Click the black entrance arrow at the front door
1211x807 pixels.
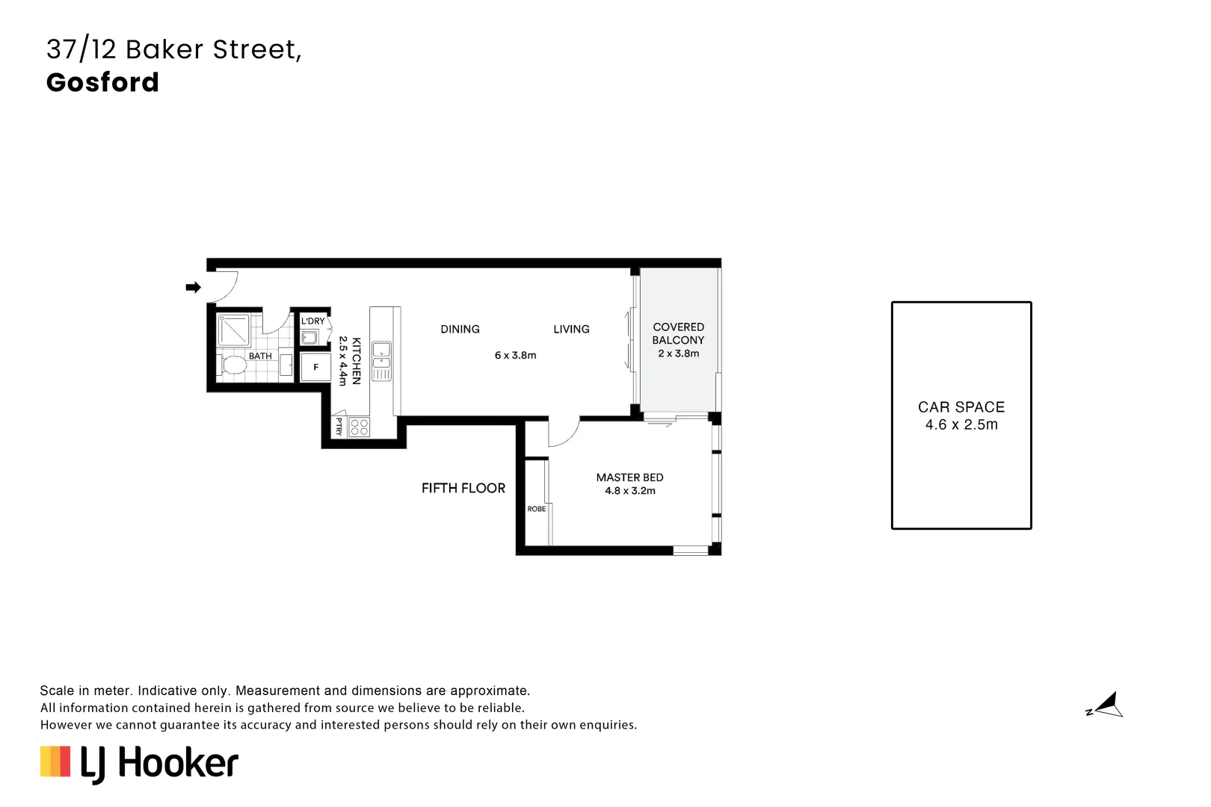tap(193, 287)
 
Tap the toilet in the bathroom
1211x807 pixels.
tap(232, 365)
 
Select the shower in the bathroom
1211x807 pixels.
tap(234, 330)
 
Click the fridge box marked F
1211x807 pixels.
tap(315, 367)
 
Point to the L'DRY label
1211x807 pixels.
tap(313, 321)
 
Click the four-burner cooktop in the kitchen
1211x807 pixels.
tap(359, 427)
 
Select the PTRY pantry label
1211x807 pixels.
tap(339, 427)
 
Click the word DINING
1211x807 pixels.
tap(460, 330)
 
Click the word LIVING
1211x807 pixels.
tap(571, 330)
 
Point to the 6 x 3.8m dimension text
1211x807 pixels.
tap(515, 356)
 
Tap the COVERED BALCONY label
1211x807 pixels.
tap(678, 333)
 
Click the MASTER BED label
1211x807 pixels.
tap(629, 477)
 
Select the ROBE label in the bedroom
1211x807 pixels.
tap(536, 509)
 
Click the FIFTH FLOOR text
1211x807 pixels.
tap(463, 488)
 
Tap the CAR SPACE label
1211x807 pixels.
tap(961, 407)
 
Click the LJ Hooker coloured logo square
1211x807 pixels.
tap(55, 761)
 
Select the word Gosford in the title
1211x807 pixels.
tap(102, 82)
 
